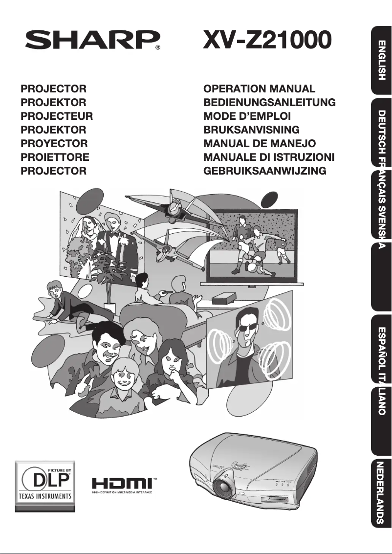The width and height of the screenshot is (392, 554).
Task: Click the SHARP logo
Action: coord(92,40)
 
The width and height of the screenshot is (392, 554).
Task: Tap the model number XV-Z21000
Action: coord(267,39)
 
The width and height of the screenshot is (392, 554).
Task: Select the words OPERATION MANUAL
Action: coord(259,89)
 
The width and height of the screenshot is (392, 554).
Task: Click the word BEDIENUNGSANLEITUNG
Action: coord(269,102)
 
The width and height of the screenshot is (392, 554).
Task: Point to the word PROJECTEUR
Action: coord(57,116)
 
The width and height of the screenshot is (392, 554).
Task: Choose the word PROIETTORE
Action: coord(55,157)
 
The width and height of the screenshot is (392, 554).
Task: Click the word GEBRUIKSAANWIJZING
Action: coord(265,171)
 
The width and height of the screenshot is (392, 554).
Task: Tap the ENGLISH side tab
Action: coord(381,60)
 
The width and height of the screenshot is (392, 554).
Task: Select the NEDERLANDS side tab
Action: coord(381,493)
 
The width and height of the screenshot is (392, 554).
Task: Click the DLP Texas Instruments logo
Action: coord(45,486)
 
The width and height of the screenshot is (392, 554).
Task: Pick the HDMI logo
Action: coord(124,485)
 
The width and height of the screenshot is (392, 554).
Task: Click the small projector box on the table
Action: coord(224,299)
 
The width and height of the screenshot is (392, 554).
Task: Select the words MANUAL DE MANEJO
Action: coord(260,143)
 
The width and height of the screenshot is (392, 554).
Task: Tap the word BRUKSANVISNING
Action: coord(251,130)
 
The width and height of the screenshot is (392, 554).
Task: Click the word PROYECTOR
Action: coord(54,143)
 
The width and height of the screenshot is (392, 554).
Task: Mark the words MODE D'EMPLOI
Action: coord(247,116)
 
